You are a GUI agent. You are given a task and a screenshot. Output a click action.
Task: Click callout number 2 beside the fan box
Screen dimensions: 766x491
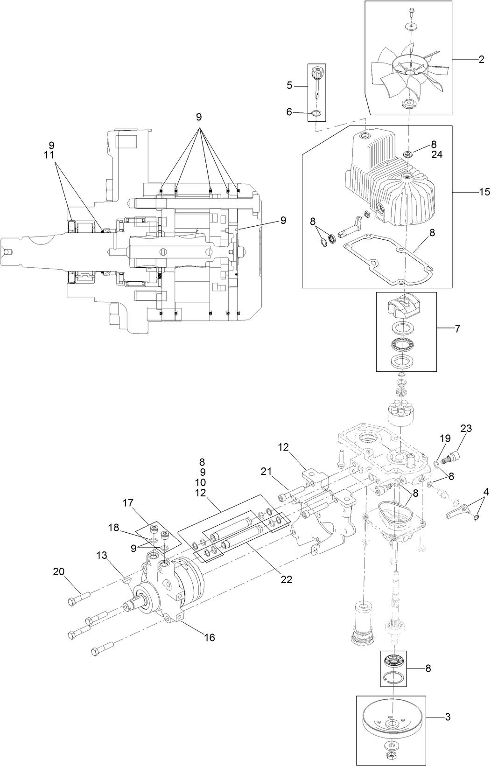click(481, 59)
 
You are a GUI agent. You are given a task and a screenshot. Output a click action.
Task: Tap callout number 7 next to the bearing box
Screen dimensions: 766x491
click(457, 329)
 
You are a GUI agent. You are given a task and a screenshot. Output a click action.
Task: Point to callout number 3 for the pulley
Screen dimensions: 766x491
click(448, 717)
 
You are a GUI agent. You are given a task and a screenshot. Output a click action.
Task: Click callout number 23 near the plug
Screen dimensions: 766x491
click(466, 428)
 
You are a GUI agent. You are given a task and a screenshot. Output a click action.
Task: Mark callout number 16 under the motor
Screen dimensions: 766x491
click(210, 637)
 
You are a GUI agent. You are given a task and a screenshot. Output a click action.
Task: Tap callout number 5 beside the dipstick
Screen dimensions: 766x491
click(289, 85)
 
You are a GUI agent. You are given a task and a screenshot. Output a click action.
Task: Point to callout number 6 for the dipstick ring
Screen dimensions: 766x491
click(289, 111)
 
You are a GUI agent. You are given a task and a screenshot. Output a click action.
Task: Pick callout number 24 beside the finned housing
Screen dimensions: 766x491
click(436, 155)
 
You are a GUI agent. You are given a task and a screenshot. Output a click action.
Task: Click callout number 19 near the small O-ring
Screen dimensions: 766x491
click(445, 438)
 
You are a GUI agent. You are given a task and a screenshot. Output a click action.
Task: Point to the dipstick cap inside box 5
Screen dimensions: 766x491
click(317, 72)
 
